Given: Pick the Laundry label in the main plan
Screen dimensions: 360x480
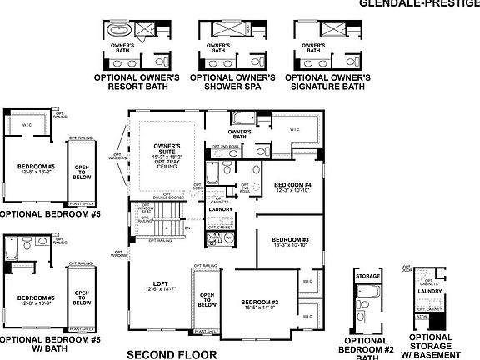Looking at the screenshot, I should (220, 210).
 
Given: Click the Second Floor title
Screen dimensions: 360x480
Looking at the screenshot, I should (171, 353).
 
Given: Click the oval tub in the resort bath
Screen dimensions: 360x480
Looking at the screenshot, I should (116, 31).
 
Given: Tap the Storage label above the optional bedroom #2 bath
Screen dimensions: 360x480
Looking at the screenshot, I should (367, 276).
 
